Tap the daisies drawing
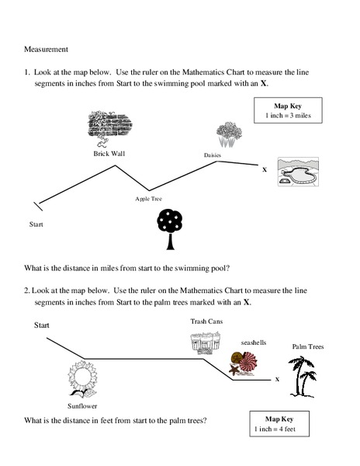click(x=227, y=134)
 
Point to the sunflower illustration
click(x=81, y=380)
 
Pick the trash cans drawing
click(x=205, y=342)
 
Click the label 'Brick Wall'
click(x=109, y=154)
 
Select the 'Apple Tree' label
click(x=149, y=199)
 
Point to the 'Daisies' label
click(x=213, y=155)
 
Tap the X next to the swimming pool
click(x=265, y=169)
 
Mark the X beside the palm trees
click(x=277, y=380)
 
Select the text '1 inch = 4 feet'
click(x=276, y=429)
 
